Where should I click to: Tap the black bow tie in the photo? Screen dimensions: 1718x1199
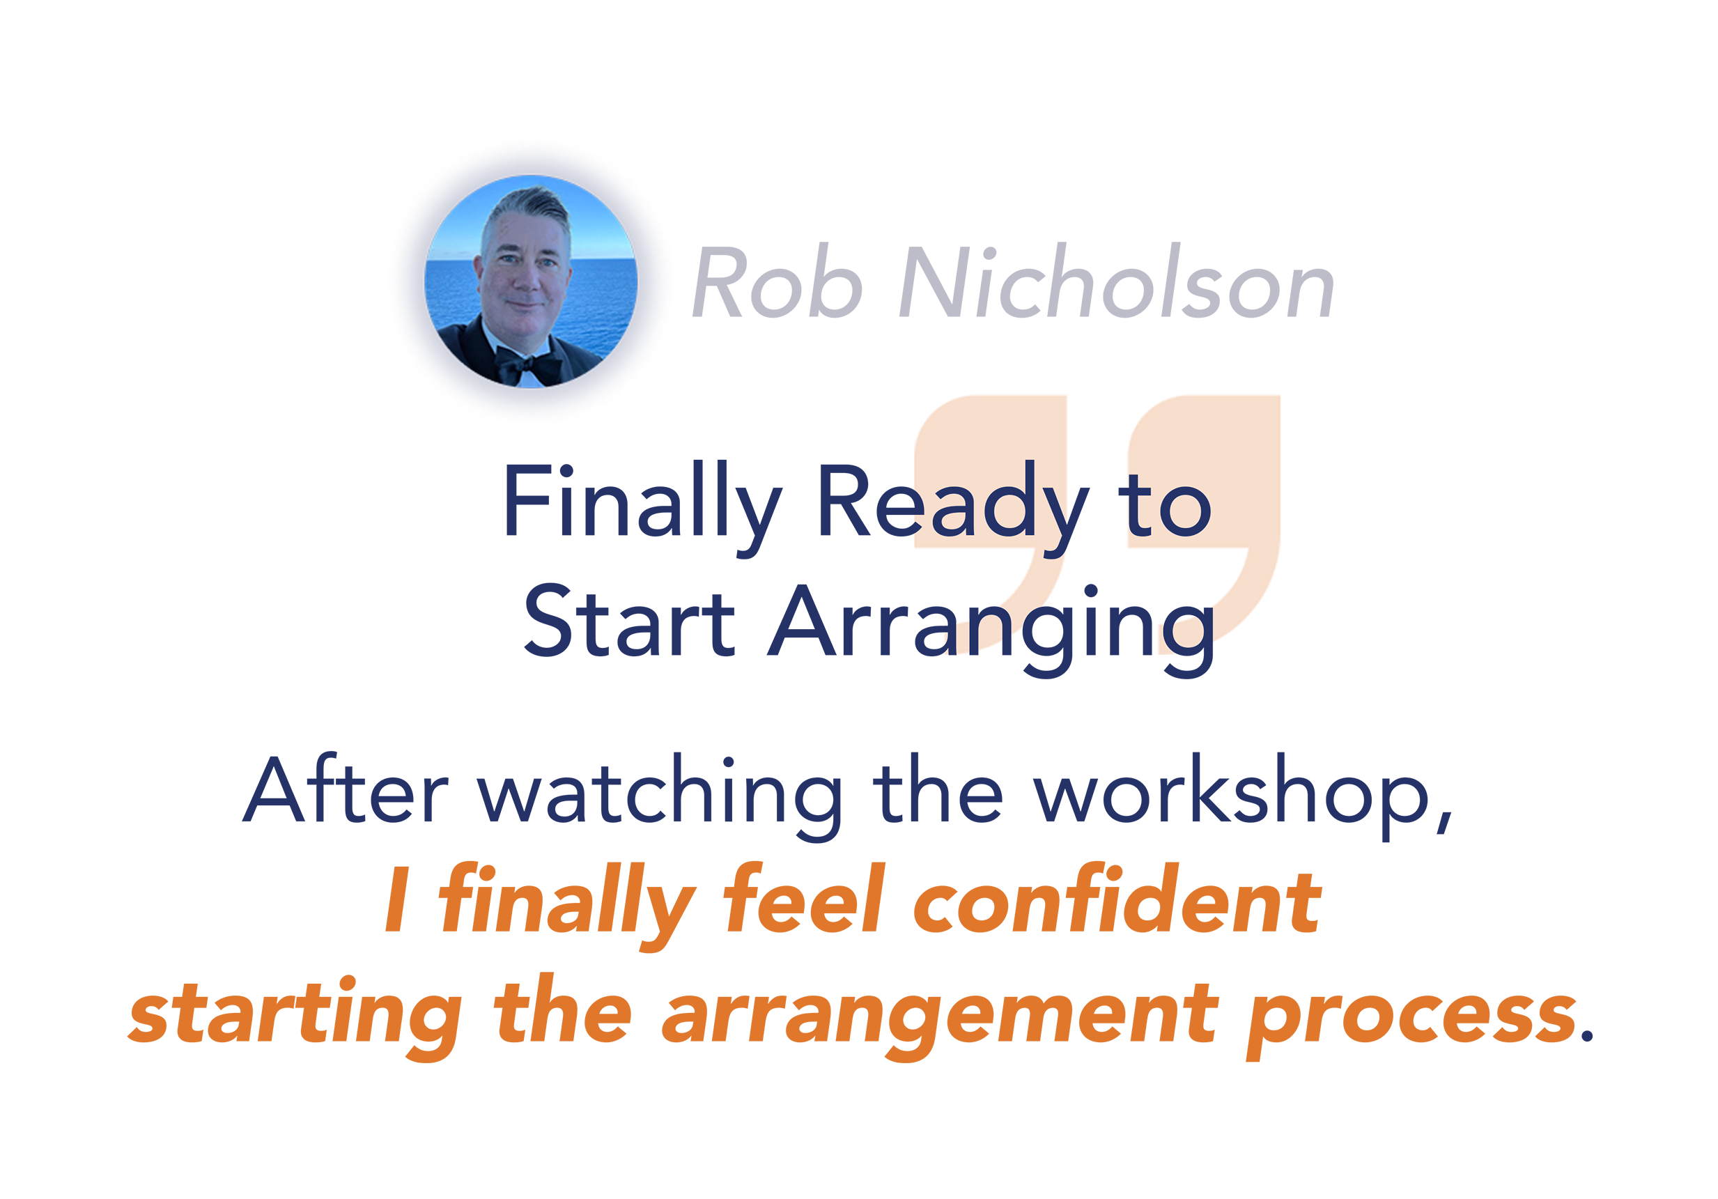click(x=527, y=365)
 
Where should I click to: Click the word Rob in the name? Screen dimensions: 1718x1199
click(x=777, y=281)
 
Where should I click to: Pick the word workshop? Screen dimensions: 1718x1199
click(x=1243, y=796)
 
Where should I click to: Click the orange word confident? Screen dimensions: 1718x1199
click(x=1117, y=897)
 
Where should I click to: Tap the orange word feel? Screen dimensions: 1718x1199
click(x=805, y=897)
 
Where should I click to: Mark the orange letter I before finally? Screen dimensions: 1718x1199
click(x=398, y=899)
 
